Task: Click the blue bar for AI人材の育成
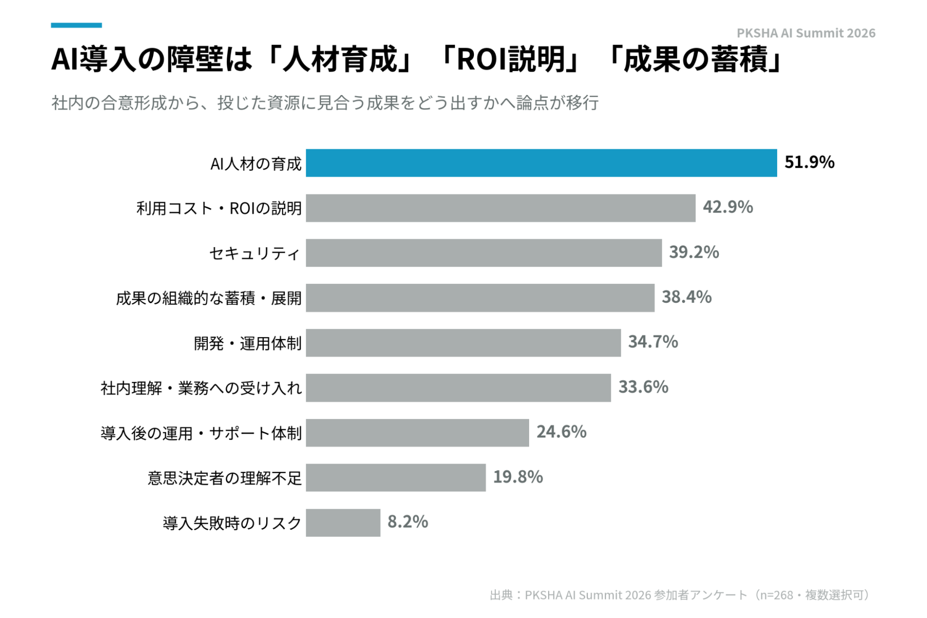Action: click(x=541, y=163)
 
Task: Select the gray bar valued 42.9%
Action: click(x=500, y=208)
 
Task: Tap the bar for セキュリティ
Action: click(x=484, y=253)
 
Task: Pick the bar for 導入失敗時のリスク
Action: click(x=343, y=522)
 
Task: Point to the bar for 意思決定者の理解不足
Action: click(x=396, y=478)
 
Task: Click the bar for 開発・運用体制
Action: click(x=463, y=343)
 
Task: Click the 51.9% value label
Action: click(x=809, y=162)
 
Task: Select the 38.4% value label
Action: click(x=686, y=297)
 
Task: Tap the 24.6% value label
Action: click(x=562, y=432)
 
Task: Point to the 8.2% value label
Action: click(x=408, y=522)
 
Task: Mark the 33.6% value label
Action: click(x=643, y=387)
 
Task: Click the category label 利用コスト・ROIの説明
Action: click(x=219, y=209)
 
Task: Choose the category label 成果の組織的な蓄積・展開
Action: click(x=209, y=298)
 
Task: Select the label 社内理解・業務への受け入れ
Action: click(x=201, y=388)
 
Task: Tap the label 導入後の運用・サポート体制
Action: click(x=201, y=433)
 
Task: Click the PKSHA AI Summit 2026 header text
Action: click(x=806, y=33)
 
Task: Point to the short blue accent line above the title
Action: click(x=76, y=25)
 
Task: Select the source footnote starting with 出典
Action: click(x=680, y=595)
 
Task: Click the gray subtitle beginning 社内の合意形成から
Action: click(x=325, y=102)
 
